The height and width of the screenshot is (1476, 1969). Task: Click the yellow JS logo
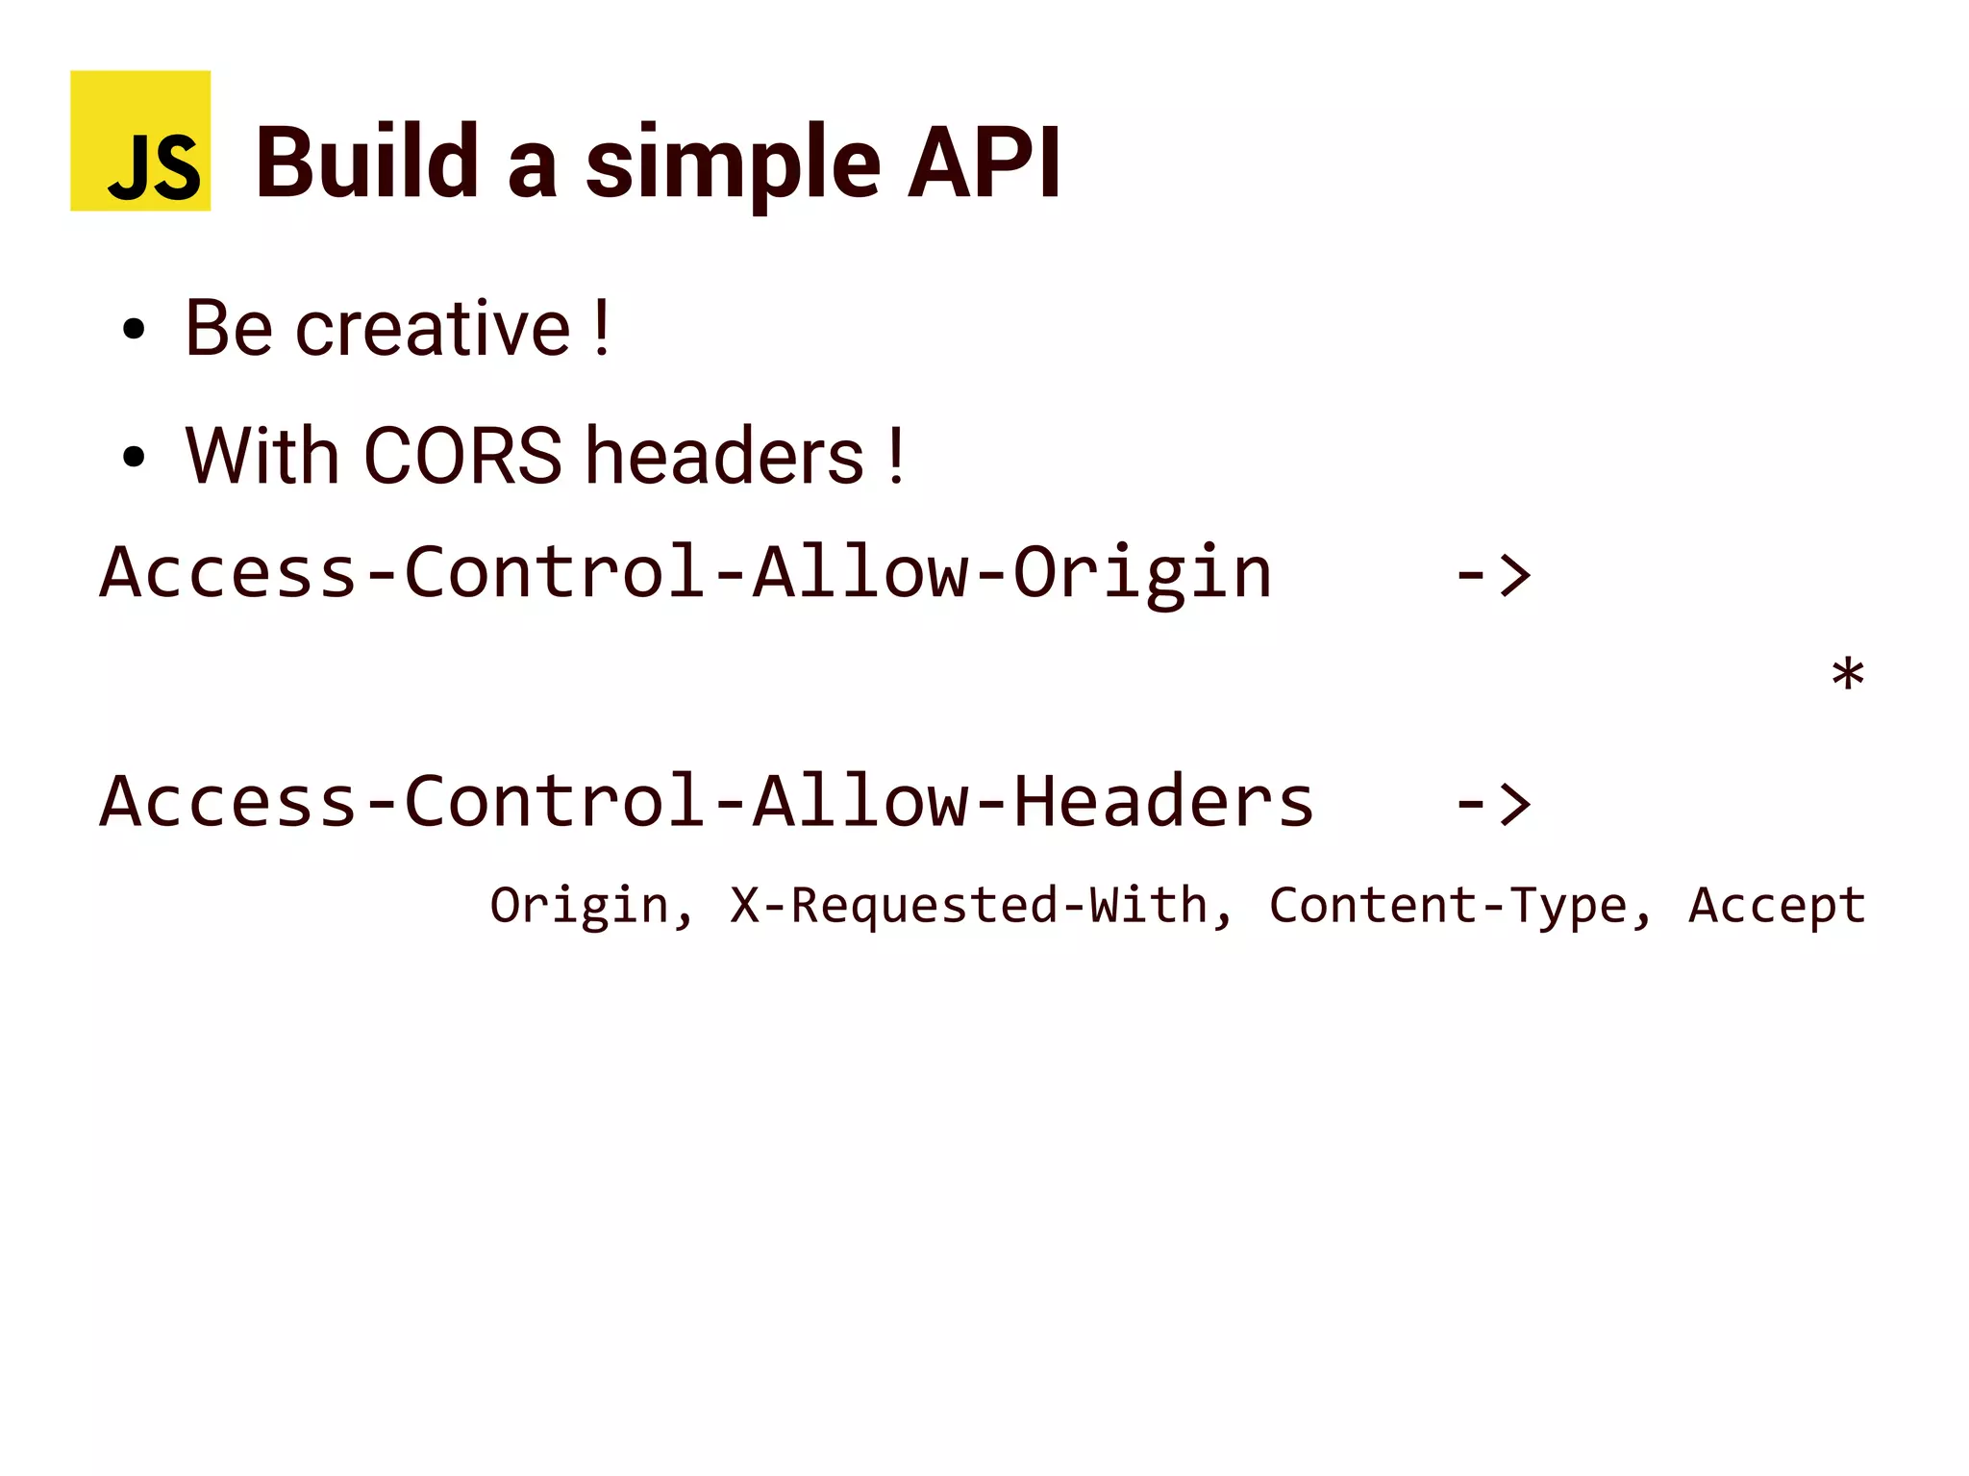[140, 140]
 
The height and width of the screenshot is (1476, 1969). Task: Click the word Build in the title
[367, 163]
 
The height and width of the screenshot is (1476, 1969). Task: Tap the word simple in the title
[733, 165]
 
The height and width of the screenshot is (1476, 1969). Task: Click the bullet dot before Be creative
[134, 330]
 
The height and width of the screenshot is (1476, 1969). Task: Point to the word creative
[433, 329]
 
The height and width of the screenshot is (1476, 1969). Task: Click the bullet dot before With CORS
[134, 457]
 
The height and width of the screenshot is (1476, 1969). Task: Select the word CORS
[462, 456]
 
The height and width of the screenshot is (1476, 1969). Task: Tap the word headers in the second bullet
[725, 456]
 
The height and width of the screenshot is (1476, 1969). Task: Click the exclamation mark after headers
[896, 456]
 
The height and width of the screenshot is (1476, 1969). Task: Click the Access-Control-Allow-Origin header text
[685, 573]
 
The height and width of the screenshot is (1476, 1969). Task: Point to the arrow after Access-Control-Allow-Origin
[1492, 576]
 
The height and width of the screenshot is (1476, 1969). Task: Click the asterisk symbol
[1847, 675]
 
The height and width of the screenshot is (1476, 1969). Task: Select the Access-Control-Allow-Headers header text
[707, 802]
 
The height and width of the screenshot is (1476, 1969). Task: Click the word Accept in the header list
[1777, 906]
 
